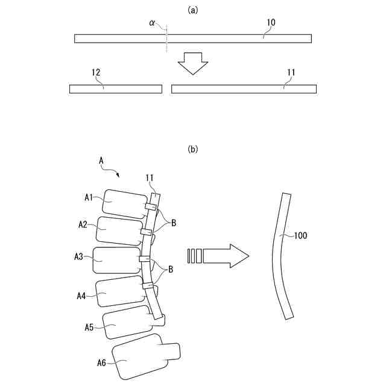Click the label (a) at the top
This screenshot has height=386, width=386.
pos(193,10)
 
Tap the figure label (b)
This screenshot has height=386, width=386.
pos(193,148)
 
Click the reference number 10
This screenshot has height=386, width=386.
pos(271,22)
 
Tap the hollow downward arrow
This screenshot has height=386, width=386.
pos(193,62)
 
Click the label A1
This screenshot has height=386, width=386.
pos(89,197)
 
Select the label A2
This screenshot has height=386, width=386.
pos(84,224)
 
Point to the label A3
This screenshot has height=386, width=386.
pos(79,256)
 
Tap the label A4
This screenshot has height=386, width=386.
pos(81,296)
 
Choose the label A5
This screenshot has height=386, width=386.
pos(89,327)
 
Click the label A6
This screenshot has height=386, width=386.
pos(102,362)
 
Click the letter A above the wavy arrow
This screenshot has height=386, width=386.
pos(101,160)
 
